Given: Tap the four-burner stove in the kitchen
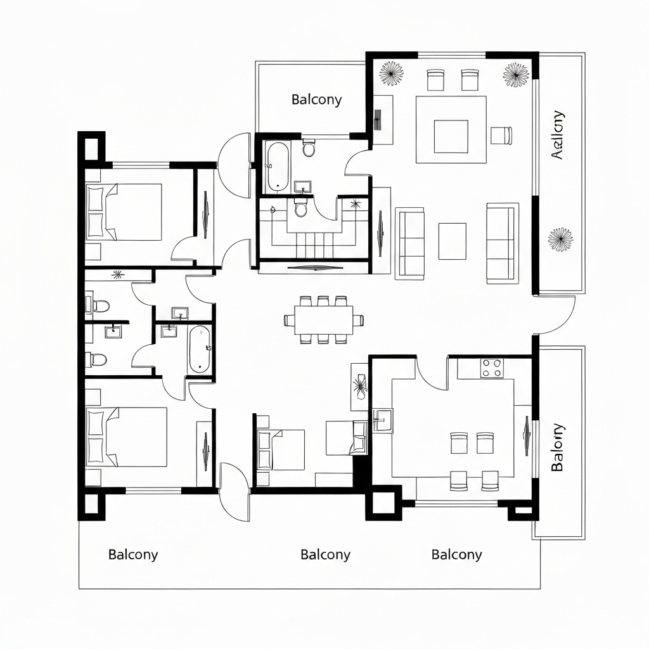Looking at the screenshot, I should point(492,368).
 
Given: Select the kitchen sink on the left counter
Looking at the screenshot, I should point(382,420).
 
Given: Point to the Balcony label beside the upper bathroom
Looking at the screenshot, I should point(316,100).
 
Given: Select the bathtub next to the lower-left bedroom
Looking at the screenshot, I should point(200,349).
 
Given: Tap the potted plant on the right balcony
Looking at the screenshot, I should point(560,239).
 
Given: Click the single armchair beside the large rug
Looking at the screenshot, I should point(501,135).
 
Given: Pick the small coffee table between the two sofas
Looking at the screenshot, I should point(452,241).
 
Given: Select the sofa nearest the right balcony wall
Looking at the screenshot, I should point(502,241).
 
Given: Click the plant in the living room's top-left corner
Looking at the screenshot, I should point(392,73).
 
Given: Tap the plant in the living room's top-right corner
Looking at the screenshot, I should point(516,74).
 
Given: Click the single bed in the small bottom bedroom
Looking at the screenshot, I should point(280,449).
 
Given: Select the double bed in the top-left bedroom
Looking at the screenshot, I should point(124,212).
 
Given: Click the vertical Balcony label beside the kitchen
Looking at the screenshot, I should point(556,447).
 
